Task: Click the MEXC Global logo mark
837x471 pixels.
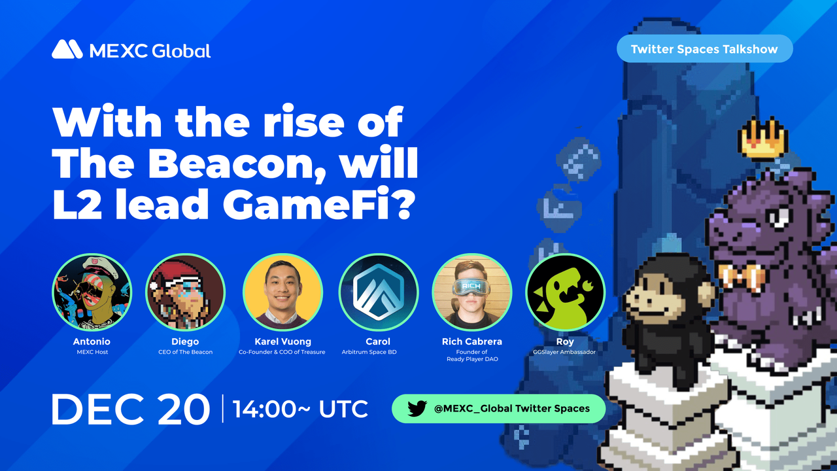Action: tap(67, 50)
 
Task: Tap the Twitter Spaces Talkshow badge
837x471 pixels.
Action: tap(704, 49)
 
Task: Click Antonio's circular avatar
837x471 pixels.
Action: tap(92, 292)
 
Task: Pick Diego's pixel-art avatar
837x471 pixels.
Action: tap(185, 292)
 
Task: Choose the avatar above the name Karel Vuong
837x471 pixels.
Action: tap(282, 292)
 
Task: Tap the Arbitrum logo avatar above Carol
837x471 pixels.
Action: tap(378, 292)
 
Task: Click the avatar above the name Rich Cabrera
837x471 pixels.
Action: tap(471, 292)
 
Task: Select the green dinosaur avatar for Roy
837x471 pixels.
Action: tap(565, 292)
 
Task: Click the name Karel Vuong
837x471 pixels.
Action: tap(282, 341)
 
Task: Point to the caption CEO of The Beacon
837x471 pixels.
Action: tap(185, 352)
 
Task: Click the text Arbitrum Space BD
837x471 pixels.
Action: tap(378, 352)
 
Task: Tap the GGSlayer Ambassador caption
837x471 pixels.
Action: tap(565, 352)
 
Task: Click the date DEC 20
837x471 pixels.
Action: tap(130, 410)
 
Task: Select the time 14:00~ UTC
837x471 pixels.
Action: tap(300, 410)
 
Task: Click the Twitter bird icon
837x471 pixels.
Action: tap(417, 409)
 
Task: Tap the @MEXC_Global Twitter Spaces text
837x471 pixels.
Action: tap(511, 409)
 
